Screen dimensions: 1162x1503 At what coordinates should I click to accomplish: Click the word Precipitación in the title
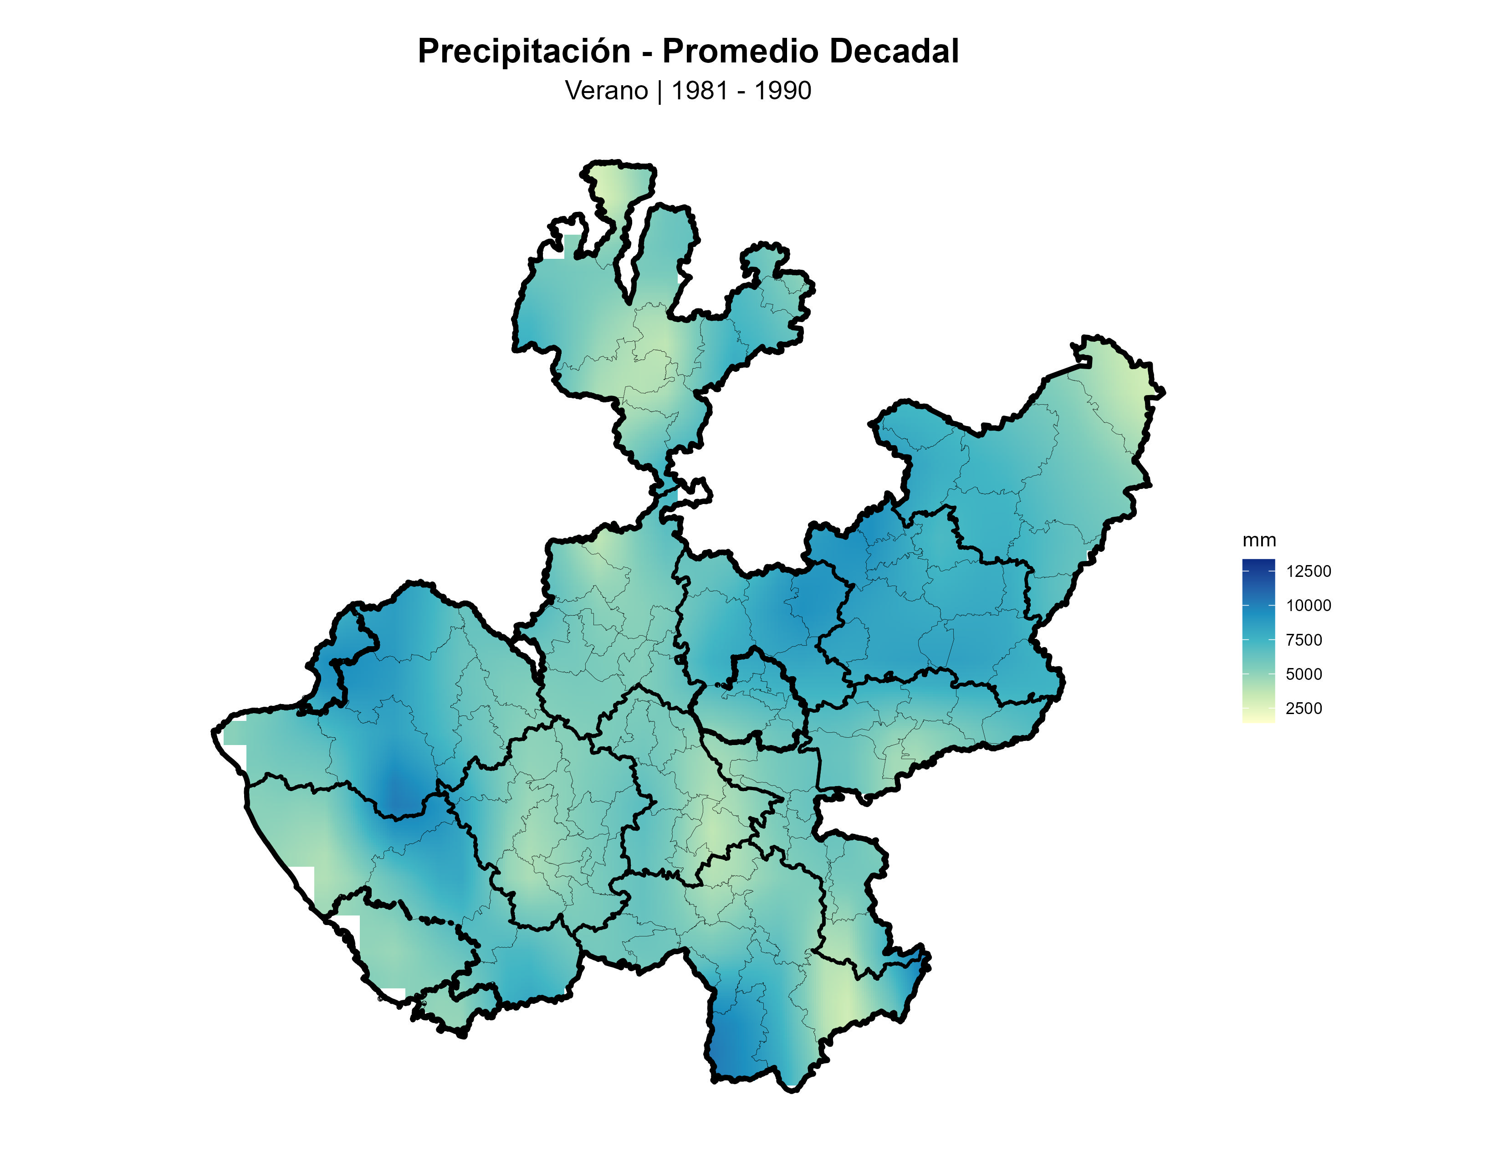[524, 51]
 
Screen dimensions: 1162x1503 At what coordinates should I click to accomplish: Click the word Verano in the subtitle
[606, 91]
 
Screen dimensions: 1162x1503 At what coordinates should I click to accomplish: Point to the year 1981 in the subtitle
[699, 91]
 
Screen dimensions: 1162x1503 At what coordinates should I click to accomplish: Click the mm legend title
[1259, 540]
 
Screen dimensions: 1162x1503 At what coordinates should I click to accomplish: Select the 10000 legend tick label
[1308, 606]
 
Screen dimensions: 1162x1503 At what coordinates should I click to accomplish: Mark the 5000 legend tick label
[1304, 674]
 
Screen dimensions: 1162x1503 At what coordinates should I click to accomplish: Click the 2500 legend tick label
[1304, 708]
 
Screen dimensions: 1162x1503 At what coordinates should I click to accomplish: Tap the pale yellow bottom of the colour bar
[1258, 719]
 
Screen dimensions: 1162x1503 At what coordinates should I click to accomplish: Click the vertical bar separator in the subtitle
[659, 91]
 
